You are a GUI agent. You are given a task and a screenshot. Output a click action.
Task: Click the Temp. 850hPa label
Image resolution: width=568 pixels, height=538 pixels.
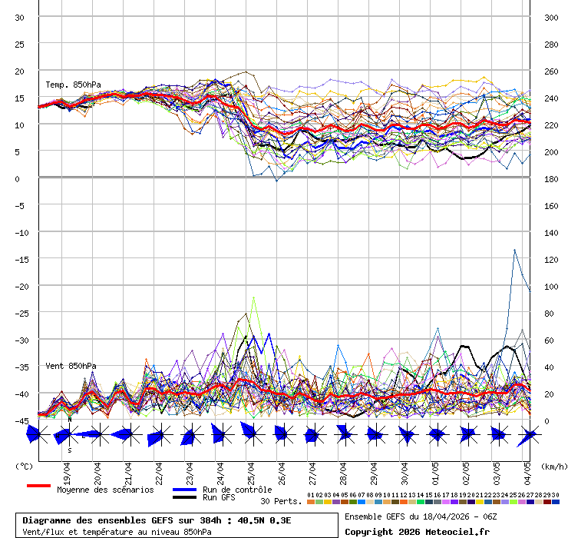pyautogui.click(x=73, y=85)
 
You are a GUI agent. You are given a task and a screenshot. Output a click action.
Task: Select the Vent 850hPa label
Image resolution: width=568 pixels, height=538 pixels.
pyautogui.click(x=71, y=366)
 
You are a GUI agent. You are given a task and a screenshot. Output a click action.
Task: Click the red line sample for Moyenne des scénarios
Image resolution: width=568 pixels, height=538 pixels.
pyautogui.click(x=38, y=486)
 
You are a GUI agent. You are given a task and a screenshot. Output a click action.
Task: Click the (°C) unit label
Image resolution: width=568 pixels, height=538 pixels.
pyautogui.click(x=25, y=466)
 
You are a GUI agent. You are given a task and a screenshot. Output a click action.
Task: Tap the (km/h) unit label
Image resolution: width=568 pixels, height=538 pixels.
pyautogui.click(x=553, y=466)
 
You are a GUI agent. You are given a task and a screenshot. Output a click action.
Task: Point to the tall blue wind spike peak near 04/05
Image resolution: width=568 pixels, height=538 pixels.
pyautogui.click(x=514, y=250)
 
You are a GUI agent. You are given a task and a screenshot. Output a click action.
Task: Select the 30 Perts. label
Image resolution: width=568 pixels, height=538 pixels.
pyautogui.click(x=281, y=501)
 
